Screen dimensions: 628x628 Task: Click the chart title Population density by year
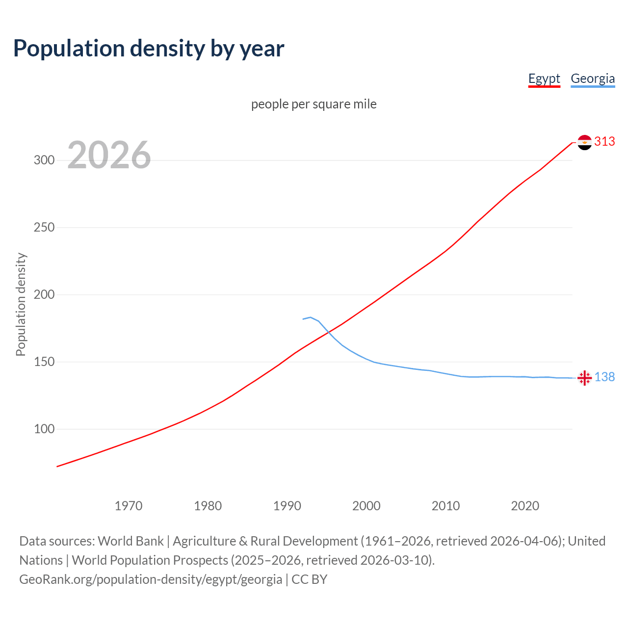click(149, 49)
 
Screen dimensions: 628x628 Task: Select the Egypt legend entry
click(544, 78)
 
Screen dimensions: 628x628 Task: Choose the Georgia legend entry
click(593, 78)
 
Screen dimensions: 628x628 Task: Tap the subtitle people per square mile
click(314, 104)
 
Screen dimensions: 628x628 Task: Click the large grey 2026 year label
click(109, 155)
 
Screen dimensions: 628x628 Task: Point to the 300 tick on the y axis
click(44, 160)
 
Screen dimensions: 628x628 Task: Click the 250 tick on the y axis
click(44, 228)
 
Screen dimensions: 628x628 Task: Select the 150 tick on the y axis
click(44, 362)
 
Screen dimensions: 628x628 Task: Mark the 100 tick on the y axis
click(44, 429)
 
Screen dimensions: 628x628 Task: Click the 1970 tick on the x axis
click(129, 506)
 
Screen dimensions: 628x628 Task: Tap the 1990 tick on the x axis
click(287, 506)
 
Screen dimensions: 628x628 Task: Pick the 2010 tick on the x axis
click(445, 506)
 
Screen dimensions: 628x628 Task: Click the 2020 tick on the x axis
click(525, 506)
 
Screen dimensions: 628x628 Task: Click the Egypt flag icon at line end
click(584, 142)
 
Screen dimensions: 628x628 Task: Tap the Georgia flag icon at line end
click(584, 378)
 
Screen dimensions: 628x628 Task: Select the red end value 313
click(604, 142)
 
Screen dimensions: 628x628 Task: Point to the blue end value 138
click(604, 377)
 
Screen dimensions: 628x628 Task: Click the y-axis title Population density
click(21, 304)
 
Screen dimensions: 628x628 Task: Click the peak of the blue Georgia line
click(311, 317)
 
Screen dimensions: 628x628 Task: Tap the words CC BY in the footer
click(309, 579)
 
